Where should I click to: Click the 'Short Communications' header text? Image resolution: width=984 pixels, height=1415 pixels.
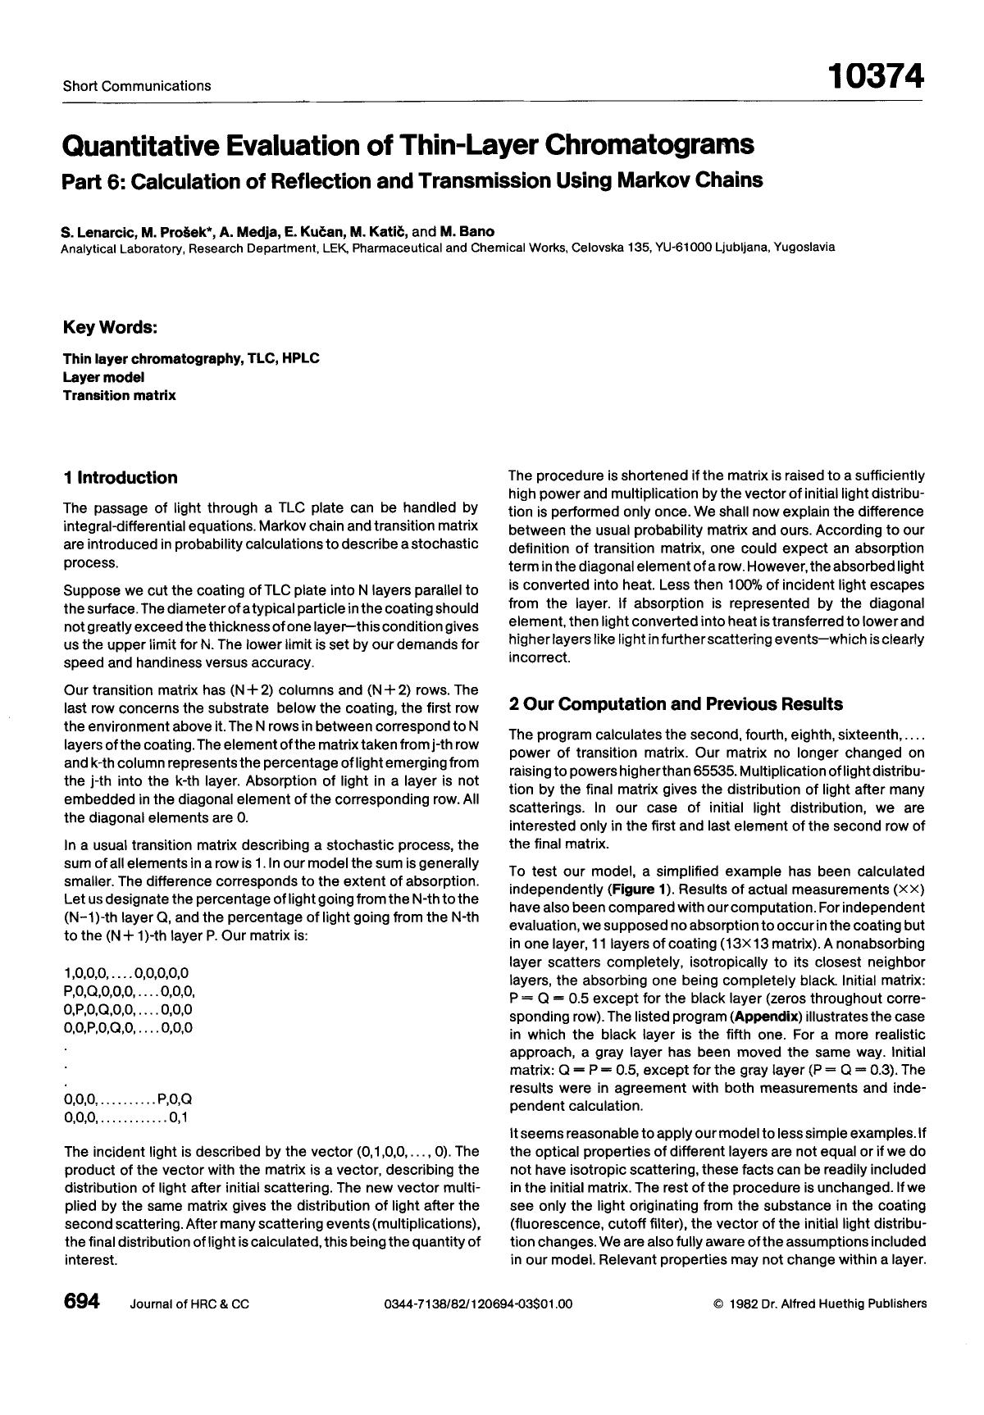click(136, 85)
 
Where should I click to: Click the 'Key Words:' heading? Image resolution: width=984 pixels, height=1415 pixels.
click(110, 328)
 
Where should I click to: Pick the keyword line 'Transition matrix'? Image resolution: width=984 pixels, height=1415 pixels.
click(119, 395)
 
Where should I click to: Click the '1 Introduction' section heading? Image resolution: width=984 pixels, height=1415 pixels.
click(121, 478)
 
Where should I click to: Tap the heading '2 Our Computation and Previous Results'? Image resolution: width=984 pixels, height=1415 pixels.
click(676, 703)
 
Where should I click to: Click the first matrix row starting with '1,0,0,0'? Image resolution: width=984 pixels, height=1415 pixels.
click(125, 973)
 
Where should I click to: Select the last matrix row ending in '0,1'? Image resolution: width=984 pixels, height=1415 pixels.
click(127, 1117)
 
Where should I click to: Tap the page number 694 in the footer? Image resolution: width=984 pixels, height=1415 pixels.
click(81, 1302)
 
